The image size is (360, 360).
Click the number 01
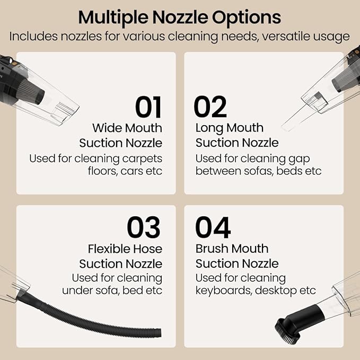coord(148,107)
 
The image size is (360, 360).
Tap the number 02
coord(210,107)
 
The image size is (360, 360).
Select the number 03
coord(144,227)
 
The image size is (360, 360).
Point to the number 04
coord(213,227)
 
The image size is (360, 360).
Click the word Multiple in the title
coord(113,18)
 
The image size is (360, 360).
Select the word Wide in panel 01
coord(107,128)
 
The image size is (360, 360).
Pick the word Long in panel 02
coord(209,128)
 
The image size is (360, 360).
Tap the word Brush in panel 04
coord(212,249)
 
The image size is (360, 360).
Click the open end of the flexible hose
coord(159,333)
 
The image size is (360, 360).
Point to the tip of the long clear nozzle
coord(284,128)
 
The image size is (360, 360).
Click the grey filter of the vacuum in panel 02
coord(345,79)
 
